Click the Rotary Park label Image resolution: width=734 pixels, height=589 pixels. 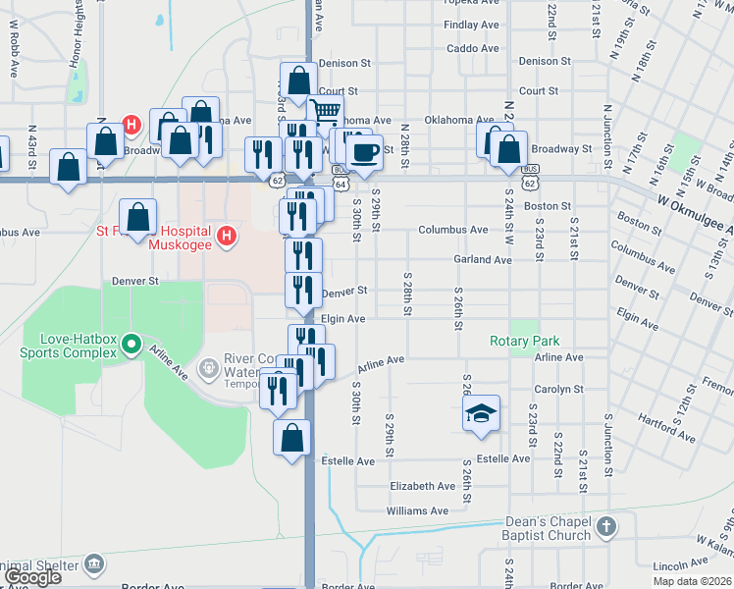pos(525,342)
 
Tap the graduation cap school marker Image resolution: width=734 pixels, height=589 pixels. pos(482,414)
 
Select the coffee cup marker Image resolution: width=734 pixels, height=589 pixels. pos(365,153)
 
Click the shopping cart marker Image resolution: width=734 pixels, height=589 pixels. pos(325,114)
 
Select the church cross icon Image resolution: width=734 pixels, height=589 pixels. pos(606,527)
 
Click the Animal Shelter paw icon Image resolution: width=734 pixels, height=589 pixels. pos(93,563)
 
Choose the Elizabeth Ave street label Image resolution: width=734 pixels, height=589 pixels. pos(422,486)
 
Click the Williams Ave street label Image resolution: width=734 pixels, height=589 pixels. pos(418,510)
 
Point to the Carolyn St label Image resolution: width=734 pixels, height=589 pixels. pos(559,390)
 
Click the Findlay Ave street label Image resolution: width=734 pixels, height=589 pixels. pos(471,25)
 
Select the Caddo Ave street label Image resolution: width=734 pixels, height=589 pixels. pos(472,48)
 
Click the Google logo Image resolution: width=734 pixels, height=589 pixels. pos(32,577)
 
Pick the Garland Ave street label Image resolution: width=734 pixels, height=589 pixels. pos(482,260)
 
